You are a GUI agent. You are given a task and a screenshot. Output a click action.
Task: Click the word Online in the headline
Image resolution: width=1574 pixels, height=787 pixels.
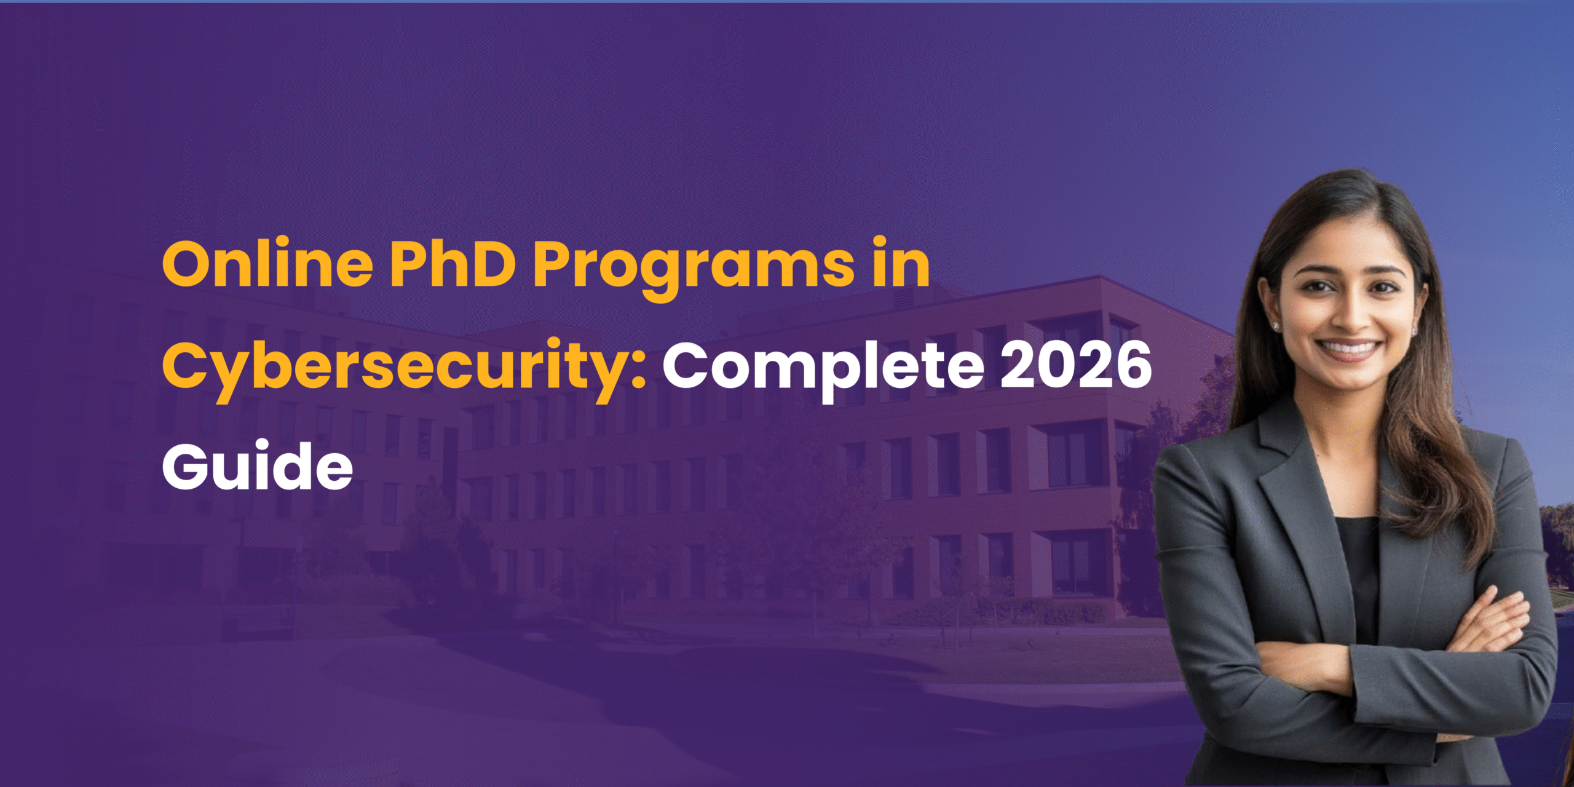coord(267,264)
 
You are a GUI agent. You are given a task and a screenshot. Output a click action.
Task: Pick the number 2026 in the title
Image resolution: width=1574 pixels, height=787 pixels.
coord(1076,366)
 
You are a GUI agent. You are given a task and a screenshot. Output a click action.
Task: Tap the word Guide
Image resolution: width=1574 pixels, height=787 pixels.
coord(257,465)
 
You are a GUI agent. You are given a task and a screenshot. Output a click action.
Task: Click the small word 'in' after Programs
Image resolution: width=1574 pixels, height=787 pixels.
coord(901,264)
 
